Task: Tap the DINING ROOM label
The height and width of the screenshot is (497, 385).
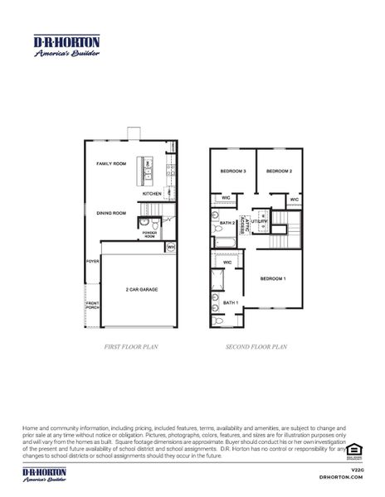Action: pos(110,214)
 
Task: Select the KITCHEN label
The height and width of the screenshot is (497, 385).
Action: pos(151,193)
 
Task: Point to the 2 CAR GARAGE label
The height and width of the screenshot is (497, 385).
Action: pos(142,290)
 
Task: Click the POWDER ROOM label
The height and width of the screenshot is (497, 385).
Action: pos(149,234)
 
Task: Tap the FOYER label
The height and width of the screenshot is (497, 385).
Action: pos(92,261)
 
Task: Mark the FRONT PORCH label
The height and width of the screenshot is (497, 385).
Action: pos(92,306)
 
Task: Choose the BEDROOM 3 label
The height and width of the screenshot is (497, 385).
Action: pos(232,171)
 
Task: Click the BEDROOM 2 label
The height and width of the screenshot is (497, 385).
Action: pos(279,171)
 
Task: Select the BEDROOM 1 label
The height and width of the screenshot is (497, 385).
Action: pos(273,278)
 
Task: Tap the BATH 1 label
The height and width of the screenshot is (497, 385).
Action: pos(230,303)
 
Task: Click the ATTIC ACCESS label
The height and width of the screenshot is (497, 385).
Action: pos(246,224)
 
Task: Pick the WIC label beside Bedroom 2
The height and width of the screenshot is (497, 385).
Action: pos(294,200)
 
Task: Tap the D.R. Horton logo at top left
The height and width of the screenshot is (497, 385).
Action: pos(66,46)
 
